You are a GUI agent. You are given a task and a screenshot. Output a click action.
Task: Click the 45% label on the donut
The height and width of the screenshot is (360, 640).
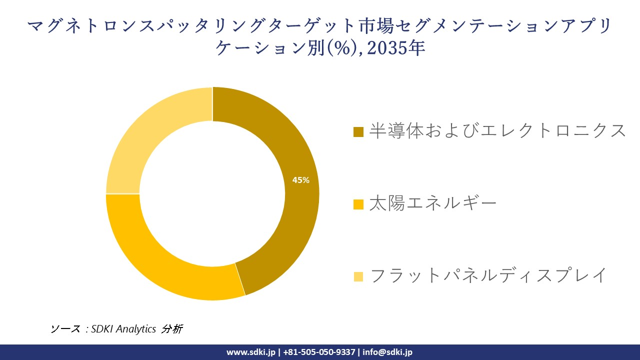coord(301,180)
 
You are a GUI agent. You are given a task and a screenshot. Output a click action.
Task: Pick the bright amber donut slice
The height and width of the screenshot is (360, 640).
coord(165,260)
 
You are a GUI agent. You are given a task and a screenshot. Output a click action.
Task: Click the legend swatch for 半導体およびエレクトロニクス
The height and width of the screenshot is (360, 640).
coord(358,132)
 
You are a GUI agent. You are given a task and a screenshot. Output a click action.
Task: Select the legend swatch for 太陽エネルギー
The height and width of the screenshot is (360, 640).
coord(358,204)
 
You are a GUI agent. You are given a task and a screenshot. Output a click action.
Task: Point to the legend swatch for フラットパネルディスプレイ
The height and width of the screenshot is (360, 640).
coord(358,276)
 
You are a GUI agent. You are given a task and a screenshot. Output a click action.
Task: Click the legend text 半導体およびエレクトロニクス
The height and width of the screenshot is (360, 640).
coord(497,130)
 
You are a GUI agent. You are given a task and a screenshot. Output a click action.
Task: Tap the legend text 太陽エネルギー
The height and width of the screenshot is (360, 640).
coord(433,203)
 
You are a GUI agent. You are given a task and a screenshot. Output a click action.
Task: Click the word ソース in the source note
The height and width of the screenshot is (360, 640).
coord(65,329)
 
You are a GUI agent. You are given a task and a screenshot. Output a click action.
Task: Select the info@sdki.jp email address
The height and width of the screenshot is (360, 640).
coord(387,352)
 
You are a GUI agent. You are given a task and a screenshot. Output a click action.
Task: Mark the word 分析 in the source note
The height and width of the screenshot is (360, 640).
coord(172,329)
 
